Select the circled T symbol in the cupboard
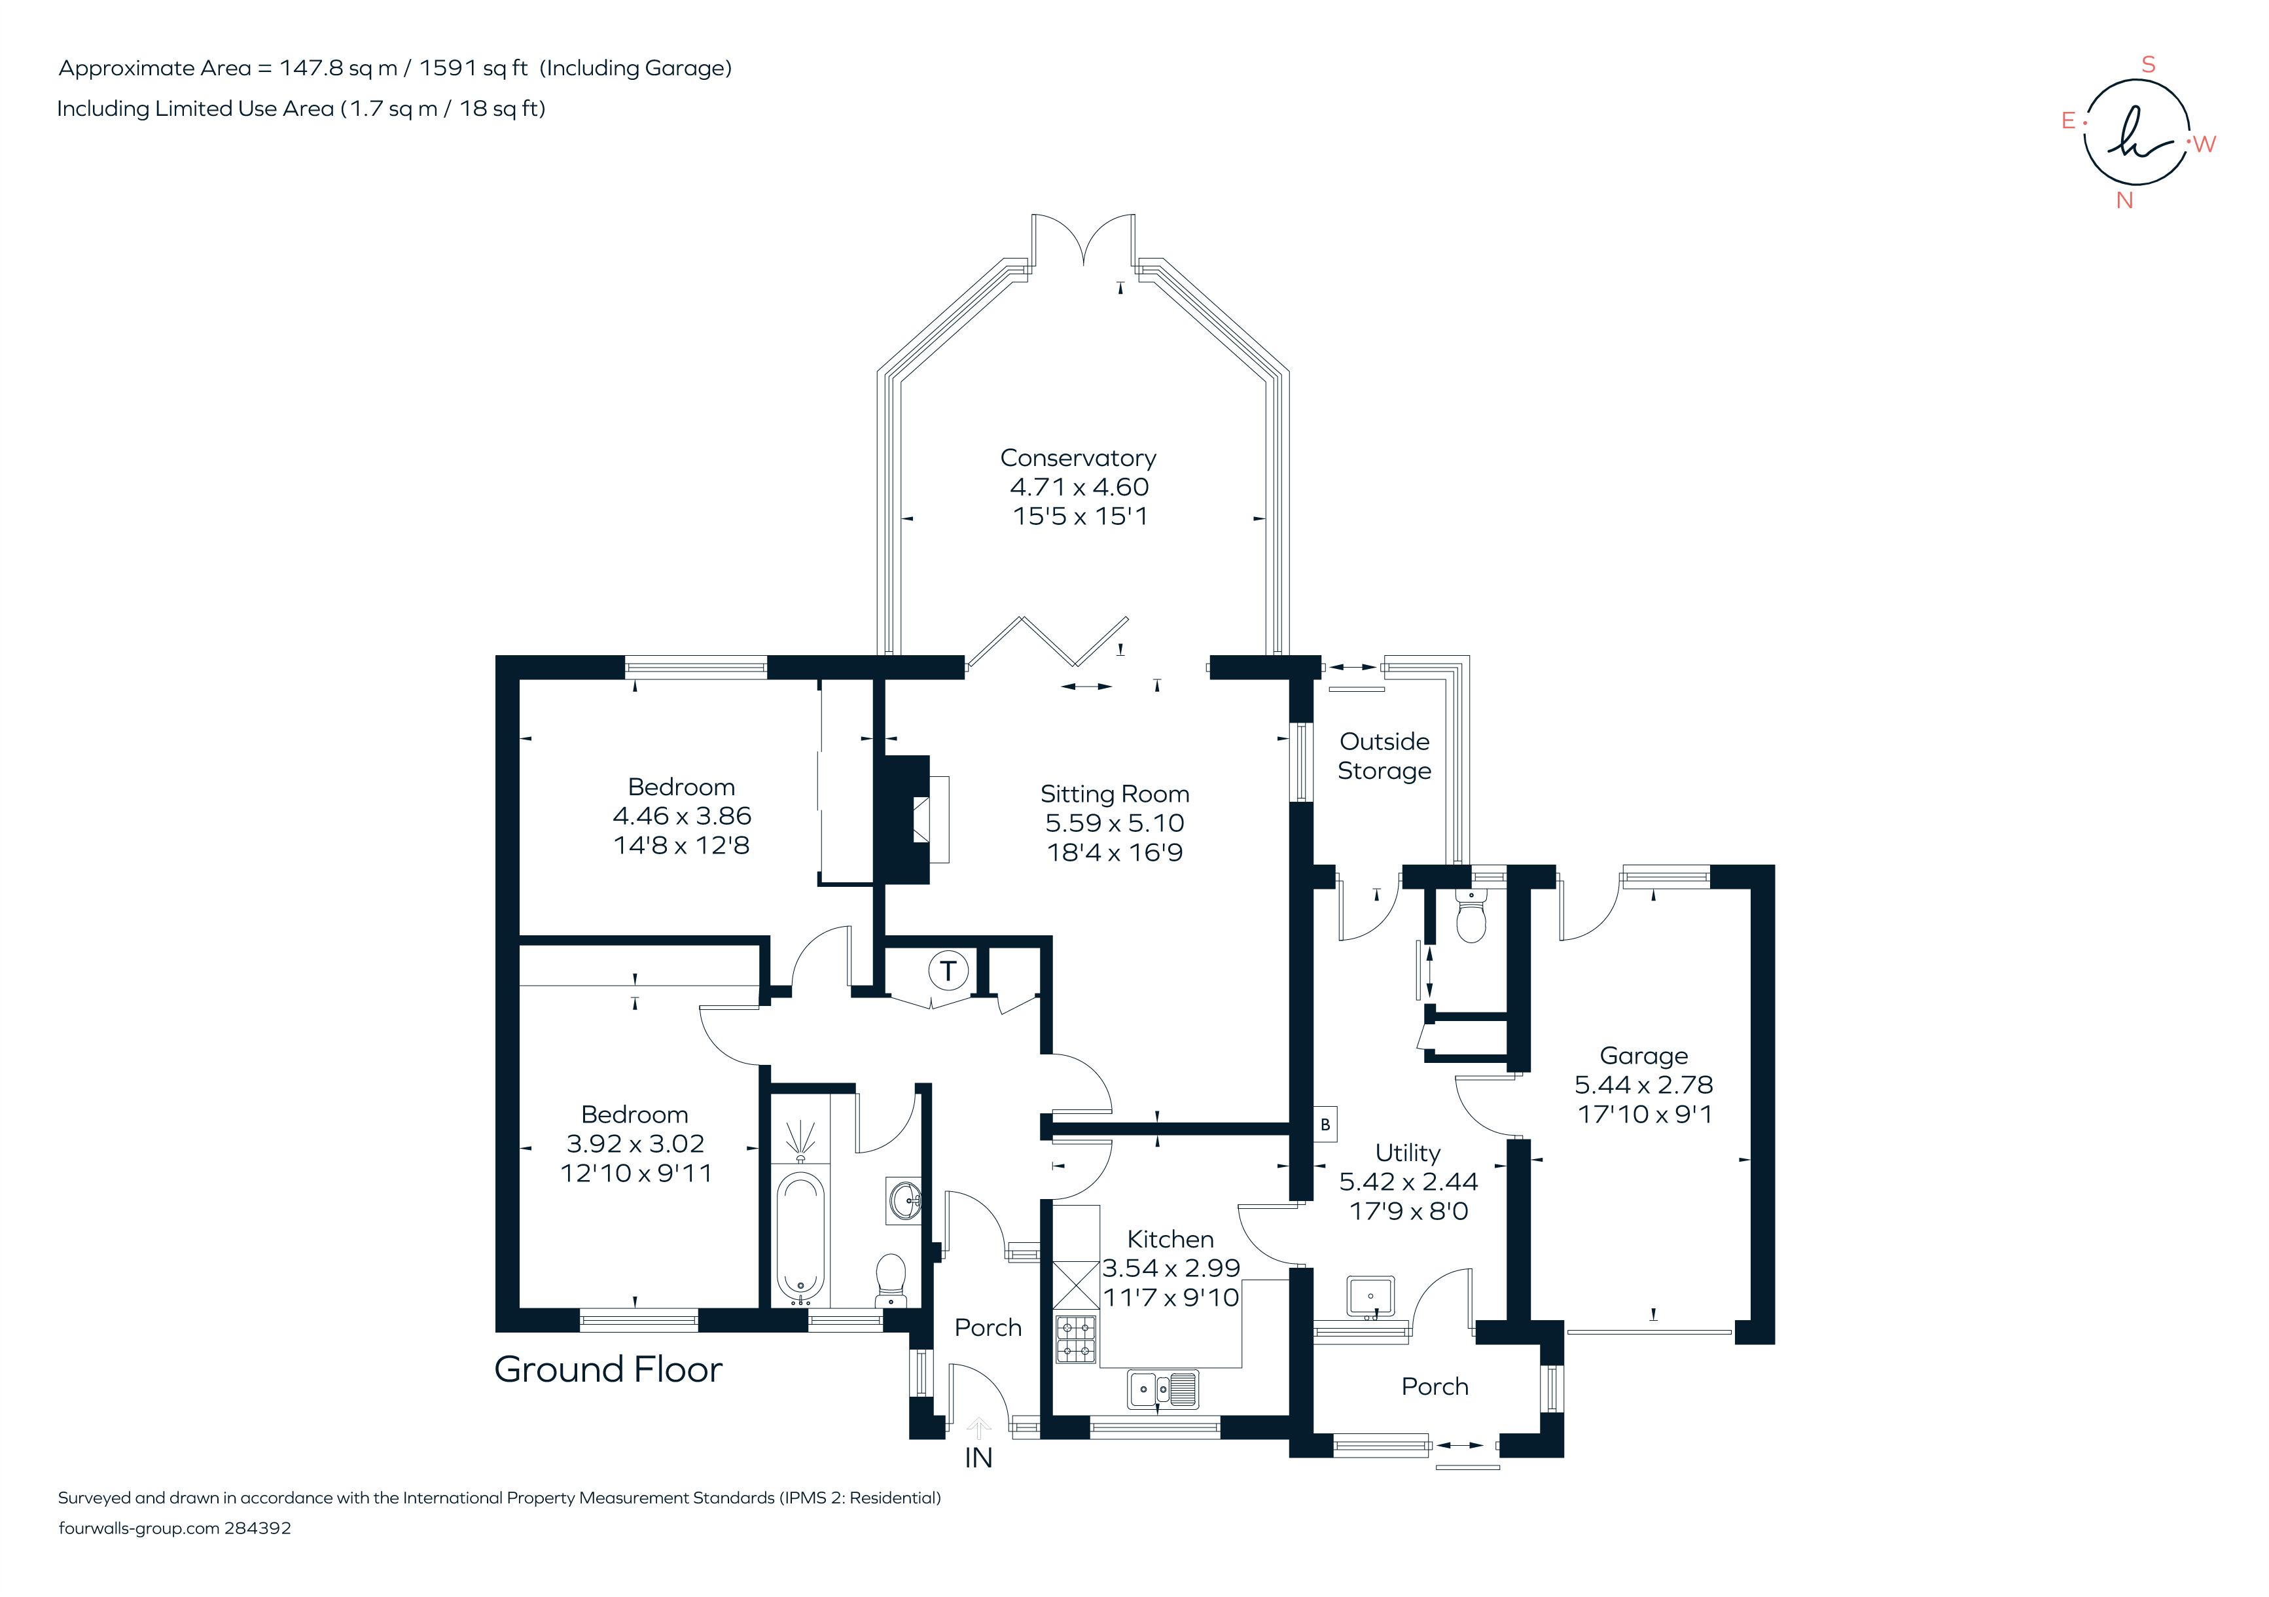[948, 971]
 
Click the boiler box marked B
[1325, 1124]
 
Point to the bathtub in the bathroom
[800, 1235]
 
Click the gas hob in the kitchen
[1076, 1339]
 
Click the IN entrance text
[978, 1458]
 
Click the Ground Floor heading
[608, 1370]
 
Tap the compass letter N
[2125, 201]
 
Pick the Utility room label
[1408, 1153]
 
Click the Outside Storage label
[1385, 756]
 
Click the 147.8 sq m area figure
[338, 68]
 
